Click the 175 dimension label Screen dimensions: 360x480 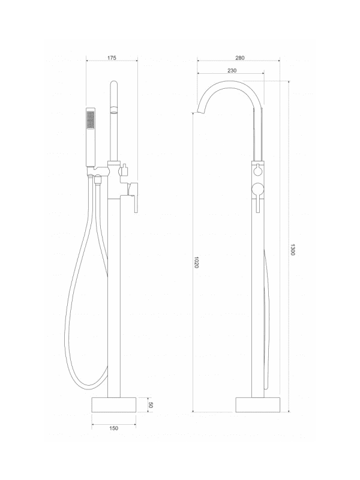[x=112, y=58]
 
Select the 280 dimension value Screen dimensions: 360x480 [x=240, y=58]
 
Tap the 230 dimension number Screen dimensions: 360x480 [x=232, y=70]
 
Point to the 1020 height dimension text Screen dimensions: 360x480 [x=197, y=262]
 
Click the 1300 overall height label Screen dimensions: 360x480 [x=292, y=250]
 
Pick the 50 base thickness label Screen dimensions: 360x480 [x=151, y=404]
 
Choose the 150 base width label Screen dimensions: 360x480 [x=113, y=428]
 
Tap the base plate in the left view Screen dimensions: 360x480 [x=114, y=405]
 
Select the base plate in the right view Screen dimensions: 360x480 [x=258, y=405]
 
